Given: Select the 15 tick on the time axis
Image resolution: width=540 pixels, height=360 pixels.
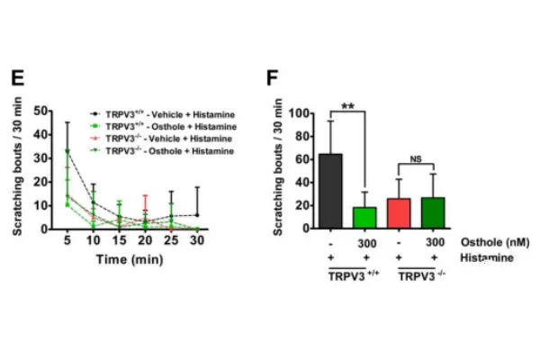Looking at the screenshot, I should [x=120, y=240].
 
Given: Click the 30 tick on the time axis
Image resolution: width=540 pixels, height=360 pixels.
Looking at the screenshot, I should [x=197, y=240].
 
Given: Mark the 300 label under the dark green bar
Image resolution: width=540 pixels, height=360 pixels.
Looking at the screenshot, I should [x=434, y=242].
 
